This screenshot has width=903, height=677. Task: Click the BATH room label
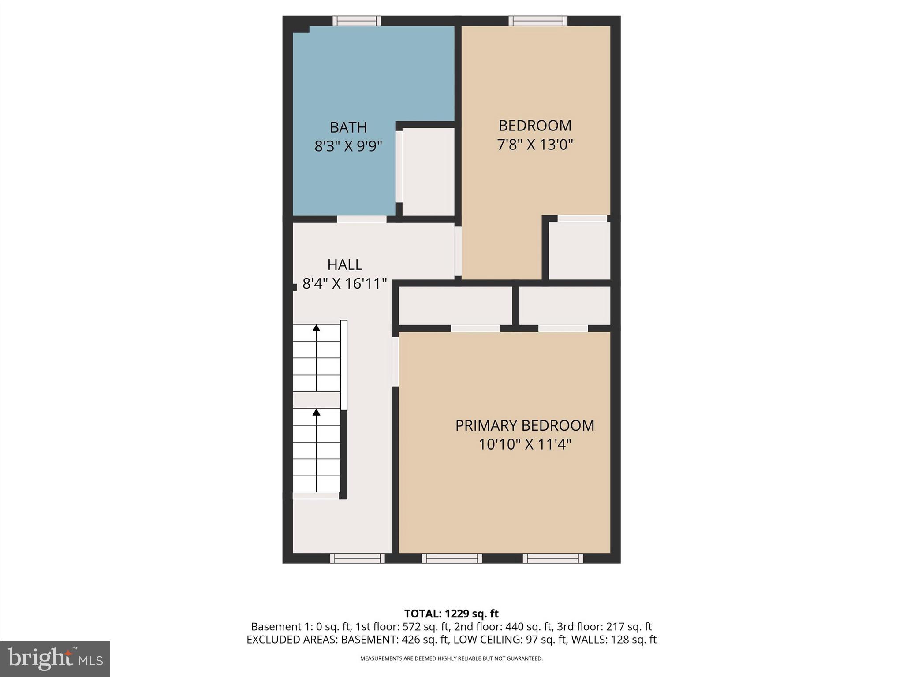click(x=348, y=127)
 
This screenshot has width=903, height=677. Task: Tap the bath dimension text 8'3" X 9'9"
click(x=348, y=146)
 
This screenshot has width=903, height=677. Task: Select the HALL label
click(x=345, y=264)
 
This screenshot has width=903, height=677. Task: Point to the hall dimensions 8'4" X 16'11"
click(x=344, y=283)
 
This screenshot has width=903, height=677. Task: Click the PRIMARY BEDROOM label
click(x=525, y=425)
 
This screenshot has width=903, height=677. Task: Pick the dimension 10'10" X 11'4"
click(x=525, y=444)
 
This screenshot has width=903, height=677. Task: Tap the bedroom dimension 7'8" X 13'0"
click(x=535, y=145)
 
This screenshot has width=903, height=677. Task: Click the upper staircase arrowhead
click(x=316, y=327)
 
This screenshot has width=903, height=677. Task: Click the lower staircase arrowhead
click(x=316, y=412)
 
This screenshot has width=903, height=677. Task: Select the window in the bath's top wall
click(x=356, y=21)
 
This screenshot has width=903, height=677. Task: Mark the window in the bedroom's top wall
click(x=538, y=21)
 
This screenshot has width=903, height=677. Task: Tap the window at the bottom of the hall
click(x=358, y=558)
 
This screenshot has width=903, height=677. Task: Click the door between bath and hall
click(x=362, y=219)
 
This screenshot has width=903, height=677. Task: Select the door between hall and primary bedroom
click(x=396, y=361)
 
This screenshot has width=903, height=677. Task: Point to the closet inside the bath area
click(x=428, y=171)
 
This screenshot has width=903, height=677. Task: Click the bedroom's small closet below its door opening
click(x=579, y=250)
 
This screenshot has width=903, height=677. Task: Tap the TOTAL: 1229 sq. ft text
click(x=451, y=614)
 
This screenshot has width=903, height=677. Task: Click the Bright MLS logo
click(x=55, y=658)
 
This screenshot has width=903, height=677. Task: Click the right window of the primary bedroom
click(x=553, y=558)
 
